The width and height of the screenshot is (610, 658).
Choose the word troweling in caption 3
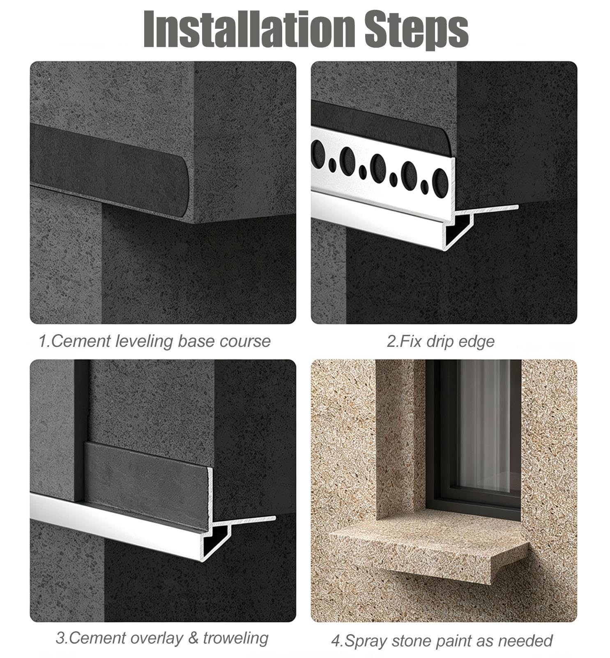[x=235, y=638]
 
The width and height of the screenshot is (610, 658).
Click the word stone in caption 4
[x=411, y=641]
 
